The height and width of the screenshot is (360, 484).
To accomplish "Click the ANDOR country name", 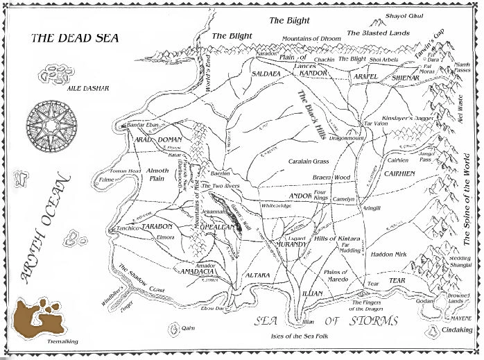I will [x=300, y=196].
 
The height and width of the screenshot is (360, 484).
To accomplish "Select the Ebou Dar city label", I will [x=212, y=308].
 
